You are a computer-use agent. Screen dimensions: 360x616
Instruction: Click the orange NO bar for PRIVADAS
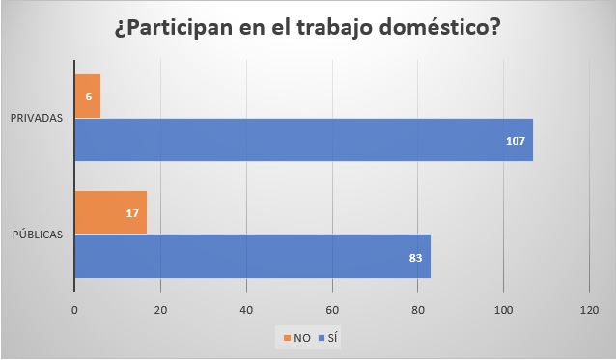tap(87, 96)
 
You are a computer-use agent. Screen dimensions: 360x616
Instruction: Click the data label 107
tap(516, 141)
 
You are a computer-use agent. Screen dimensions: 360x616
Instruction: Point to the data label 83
tap(415, 257)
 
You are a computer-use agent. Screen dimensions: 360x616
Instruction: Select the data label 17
tap(133, 212)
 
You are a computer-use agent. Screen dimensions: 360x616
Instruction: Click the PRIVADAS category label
tap(38, 118)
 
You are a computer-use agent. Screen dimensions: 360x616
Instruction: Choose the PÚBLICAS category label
tap(38, 235)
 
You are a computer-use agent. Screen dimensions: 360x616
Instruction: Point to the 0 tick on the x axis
tap(74, 310)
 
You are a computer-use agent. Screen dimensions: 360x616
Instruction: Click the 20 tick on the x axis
tap(160, 310)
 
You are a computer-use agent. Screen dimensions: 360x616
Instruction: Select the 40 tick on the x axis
tap(246, 310)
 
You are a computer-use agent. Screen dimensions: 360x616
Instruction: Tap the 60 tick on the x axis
tap(332, 310)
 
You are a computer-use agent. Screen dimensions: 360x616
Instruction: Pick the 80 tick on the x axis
tap(418, 310)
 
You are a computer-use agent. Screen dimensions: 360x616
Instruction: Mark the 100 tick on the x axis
tap(503, 310)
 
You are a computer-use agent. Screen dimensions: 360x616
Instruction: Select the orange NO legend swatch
tap(287, 339)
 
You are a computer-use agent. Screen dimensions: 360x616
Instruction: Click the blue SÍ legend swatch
tap(320, 339)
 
